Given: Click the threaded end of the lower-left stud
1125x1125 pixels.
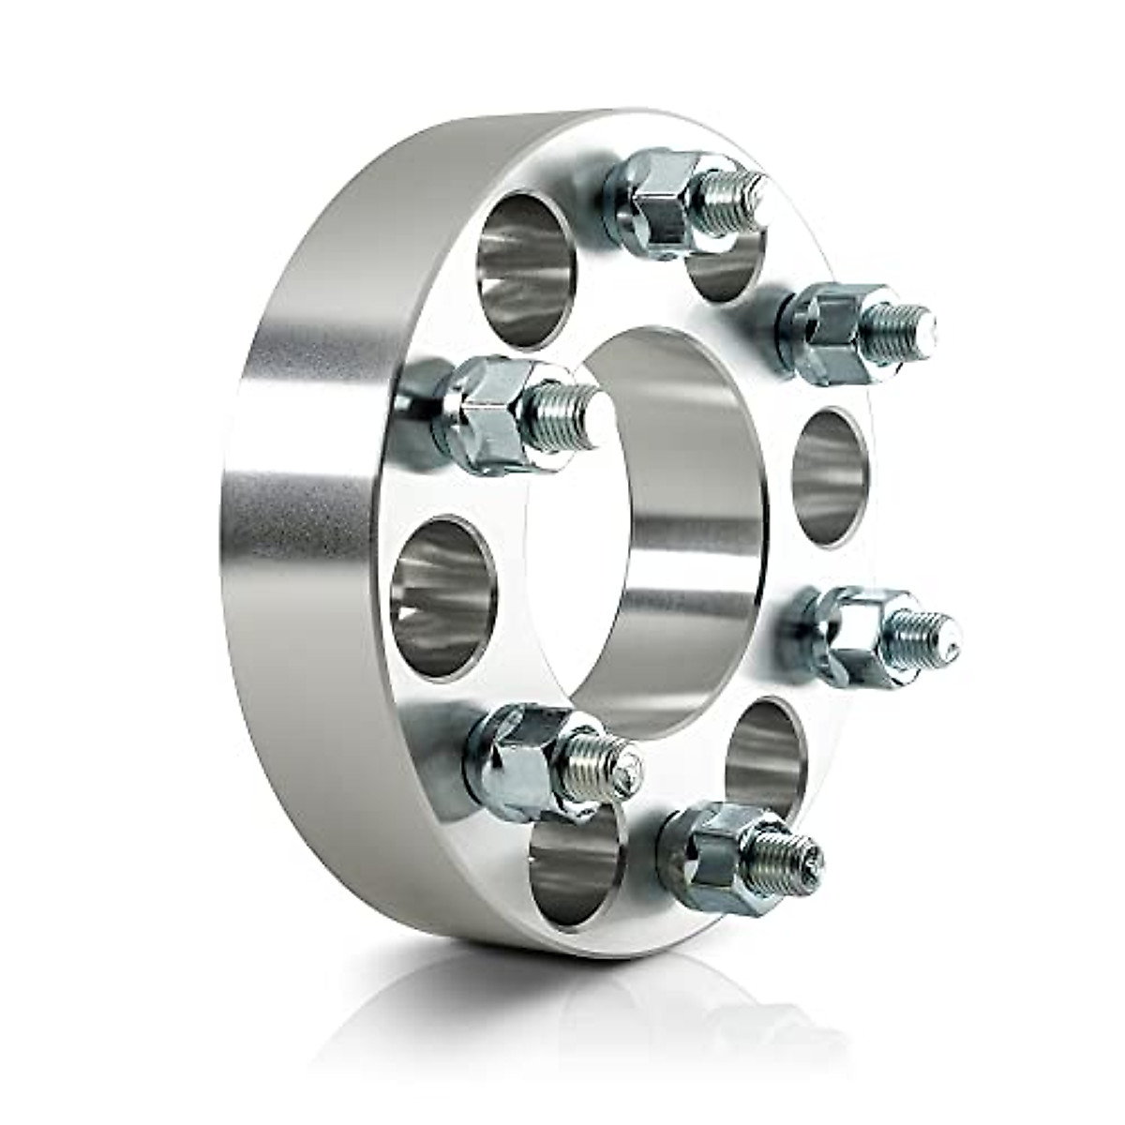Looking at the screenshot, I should pos(606,763).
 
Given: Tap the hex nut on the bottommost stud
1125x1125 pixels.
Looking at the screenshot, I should pos(708,848).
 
